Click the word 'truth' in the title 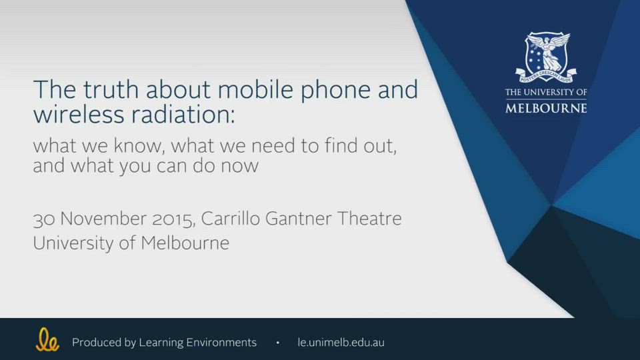pos(111,89)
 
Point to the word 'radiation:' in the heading pos(183,114)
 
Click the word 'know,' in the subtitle pos(139,146)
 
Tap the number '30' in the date pos(44,219)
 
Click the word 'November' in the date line pos(103,219)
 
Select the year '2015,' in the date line pos(173,219)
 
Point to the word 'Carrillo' pos(230,219)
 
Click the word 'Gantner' pos(299,219)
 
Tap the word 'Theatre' pos(369,219)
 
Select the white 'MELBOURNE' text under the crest pos(546,108)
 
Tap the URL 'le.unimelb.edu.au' pos(341,343)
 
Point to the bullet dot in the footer pos(277,343)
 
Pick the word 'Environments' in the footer pos(221,343)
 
